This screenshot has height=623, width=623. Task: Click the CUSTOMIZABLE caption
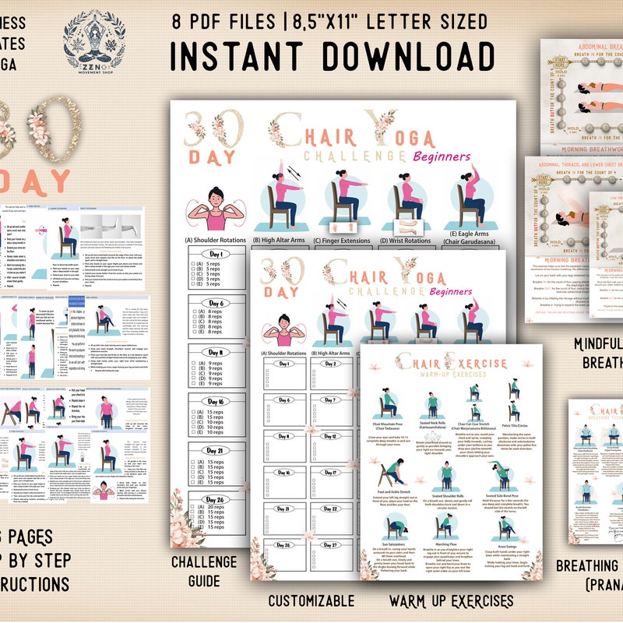(x=311, y=601)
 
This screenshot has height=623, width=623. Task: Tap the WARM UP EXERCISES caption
(x=451, y=601)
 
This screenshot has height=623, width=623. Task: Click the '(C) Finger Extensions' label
(x=342, y=241)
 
